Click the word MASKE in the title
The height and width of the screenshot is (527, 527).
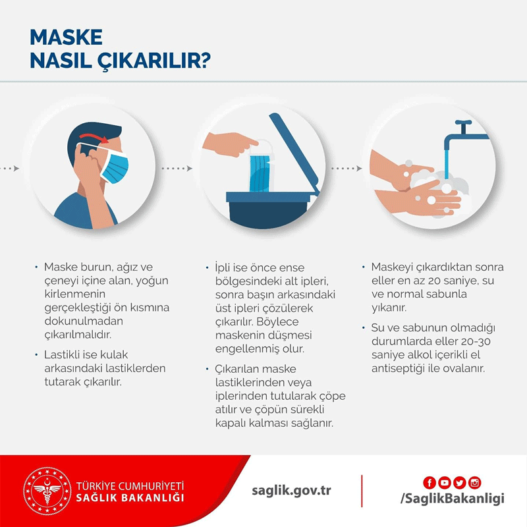coord(67,37)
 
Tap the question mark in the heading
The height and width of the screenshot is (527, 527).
coord(205,61)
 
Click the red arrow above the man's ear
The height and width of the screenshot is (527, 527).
coord(94,138)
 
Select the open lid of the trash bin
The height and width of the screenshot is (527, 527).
coord(294,153)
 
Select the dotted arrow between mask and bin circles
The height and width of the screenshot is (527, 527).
coord(177,168)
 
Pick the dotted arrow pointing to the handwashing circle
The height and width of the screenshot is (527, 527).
coord(347,168)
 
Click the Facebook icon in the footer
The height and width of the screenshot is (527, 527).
coord(430,483)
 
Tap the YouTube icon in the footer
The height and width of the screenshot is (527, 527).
coord(444,483)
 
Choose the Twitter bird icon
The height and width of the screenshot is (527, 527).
coord(459,483)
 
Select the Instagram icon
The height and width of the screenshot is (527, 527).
coord(474,483)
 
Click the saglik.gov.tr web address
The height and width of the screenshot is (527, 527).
coord(291,491)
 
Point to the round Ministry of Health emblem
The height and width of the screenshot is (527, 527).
coord(47,491)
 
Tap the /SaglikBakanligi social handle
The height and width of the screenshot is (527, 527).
coord(453,499)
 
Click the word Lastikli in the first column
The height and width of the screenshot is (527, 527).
coord(62,354)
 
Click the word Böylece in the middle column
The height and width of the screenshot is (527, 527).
coord(277,322)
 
